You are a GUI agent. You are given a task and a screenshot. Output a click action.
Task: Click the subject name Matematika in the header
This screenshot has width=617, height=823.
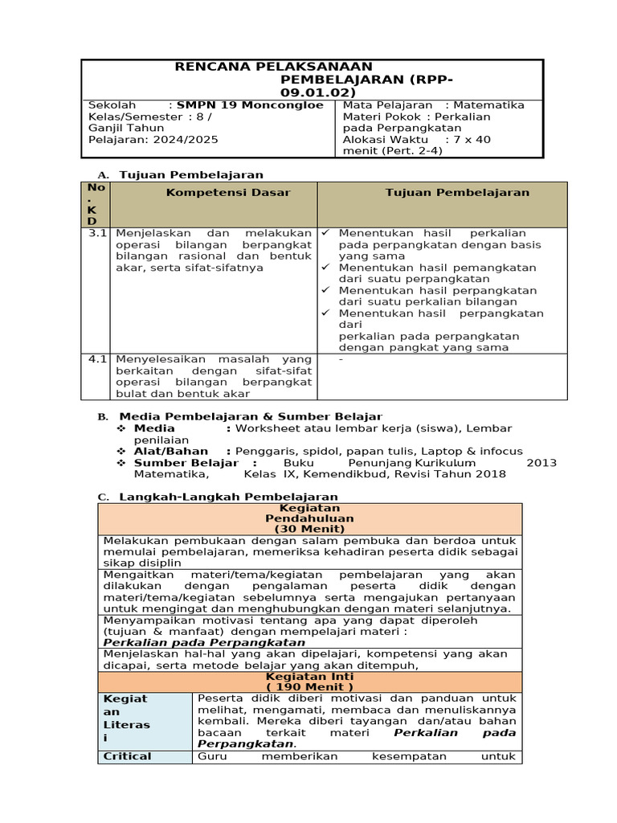point(489,105)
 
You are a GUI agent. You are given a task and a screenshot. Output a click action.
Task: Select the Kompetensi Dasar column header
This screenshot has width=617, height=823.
point(228,193)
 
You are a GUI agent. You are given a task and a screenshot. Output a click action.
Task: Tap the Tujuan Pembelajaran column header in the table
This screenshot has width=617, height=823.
point(457,193)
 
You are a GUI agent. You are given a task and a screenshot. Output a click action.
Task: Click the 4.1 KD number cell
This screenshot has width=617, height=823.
point(97,359)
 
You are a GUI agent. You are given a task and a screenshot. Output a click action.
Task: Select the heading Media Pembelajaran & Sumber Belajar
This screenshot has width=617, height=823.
point(251,416)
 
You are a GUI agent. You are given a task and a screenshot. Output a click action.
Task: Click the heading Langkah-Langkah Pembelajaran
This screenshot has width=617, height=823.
point(228,497)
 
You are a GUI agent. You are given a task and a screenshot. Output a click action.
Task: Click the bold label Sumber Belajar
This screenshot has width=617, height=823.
point(186,463)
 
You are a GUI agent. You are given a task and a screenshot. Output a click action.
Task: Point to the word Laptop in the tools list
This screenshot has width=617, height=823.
point(442,452)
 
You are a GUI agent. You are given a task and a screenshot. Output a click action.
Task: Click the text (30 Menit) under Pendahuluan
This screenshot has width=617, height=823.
point(309,530)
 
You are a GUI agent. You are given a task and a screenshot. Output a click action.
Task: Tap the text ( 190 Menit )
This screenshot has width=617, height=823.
point(309,688)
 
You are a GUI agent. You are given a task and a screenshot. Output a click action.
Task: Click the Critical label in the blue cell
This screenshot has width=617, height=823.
point(128,756)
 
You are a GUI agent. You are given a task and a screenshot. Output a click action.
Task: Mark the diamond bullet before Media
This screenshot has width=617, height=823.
point(121,428)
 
